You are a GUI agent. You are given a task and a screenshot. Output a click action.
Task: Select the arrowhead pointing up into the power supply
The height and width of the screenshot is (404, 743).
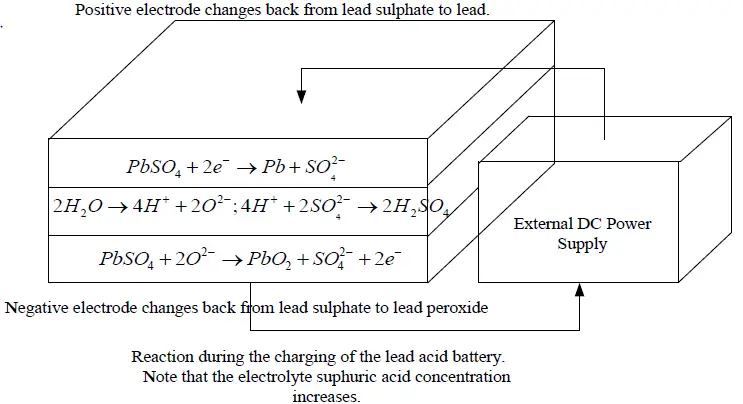point(581,289)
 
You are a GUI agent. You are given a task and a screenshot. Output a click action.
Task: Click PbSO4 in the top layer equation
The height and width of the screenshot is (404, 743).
point(155,165)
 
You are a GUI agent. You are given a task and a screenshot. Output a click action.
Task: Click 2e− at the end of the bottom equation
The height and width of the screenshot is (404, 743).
point(389,258)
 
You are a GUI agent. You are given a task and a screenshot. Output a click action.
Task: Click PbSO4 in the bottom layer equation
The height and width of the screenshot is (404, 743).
point(128,258)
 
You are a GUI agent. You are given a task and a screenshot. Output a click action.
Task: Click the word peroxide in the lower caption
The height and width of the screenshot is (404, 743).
point(456,308)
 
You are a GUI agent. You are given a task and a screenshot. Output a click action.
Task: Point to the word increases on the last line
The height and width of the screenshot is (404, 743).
point(326,396)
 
